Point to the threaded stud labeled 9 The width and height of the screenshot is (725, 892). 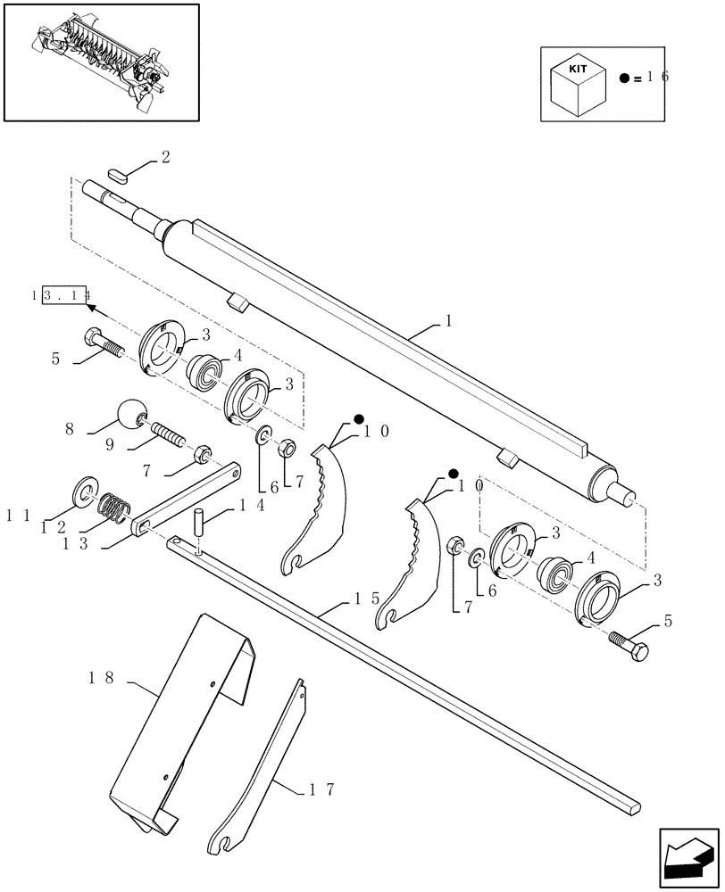(x=167, y=434)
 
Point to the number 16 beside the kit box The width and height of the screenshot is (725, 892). (x=658, y=78)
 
